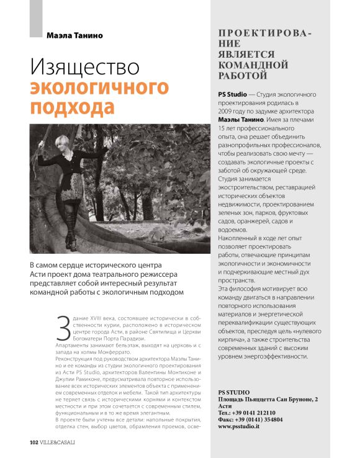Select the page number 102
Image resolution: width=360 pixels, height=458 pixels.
tap(35, 442)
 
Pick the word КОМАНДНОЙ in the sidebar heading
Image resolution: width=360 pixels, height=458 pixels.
tap(253, 65)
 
